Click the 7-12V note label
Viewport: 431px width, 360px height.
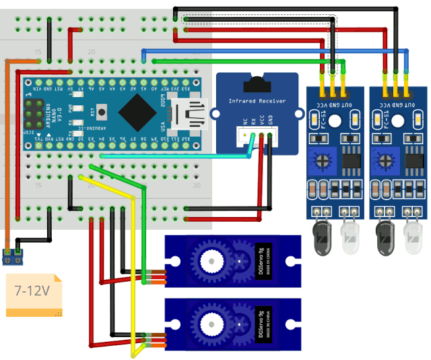[x=32, y=291]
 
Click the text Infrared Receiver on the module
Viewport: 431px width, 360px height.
[x=256, y=100]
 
